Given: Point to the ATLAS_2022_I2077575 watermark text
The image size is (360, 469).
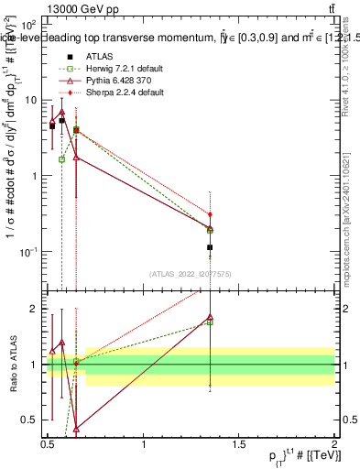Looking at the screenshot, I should click(x=191, y=273).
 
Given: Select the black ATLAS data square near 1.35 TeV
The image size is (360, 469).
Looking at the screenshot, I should click(x=211, y=247).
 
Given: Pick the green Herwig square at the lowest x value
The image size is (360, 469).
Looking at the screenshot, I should click(x=61, y=159).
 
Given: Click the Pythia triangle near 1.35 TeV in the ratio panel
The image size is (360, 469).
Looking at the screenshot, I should click(x=211, y=318).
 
